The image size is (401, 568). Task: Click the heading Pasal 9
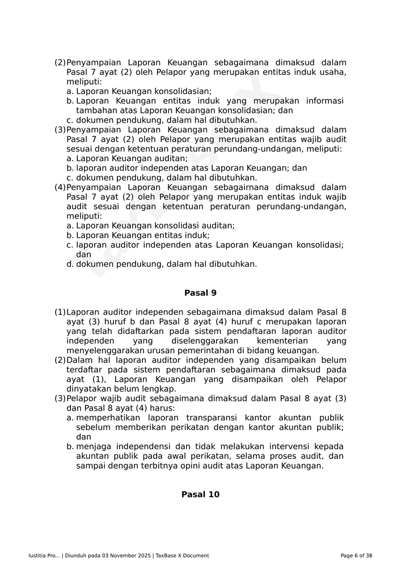[200, 293]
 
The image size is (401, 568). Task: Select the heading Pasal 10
[200, 494]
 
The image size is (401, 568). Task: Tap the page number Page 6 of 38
[356, 556]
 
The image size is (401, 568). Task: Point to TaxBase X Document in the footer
[182, 556]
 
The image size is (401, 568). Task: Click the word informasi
[324, 101]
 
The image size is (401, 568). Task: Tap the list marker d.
[70, 264]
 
